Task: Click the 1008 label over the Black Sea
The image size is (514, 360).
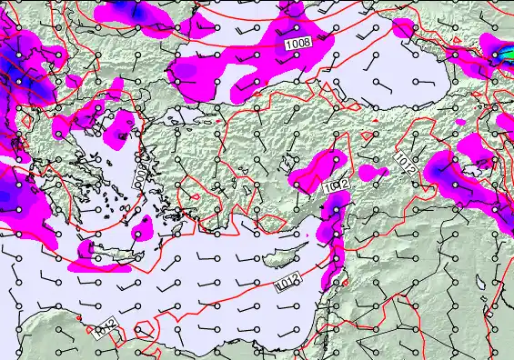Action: pyautogui.click(x=297, y=43)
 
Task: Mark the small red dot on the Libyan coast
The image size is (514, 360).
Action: pyautogui.click(x=81, y=318)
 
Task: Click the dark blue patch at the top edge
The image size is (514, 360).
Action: pyautogui.click(x=127, y=9)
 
